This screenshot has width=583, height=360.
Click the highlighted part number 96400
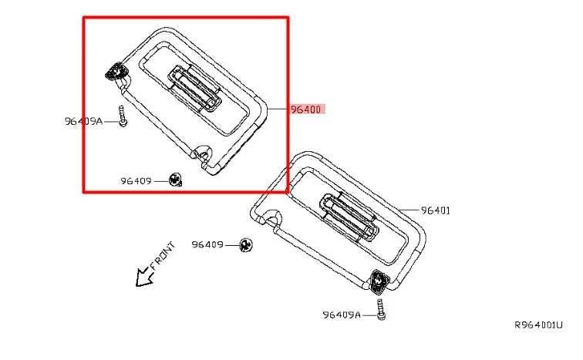[305, 109]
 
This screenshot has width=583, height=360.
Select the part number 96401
[436, 210]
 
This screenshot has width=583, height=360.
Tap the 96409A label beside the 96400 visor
[83, 121]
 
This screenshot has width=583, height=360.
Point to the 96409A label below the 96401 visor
[342, 315]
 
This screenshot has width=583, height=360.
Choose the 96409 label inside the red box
[136, 181]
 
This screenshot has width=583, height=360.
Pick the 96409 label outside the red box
[207, 244]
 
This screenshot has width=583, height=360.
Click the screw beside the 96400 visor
[123, 116]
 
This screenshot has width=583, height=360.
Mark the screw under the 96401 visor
[381, 308]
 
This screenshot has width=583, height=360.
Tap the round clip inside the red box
[175, 180]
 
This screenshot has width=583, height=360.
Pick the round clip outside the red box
[247, 244]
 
